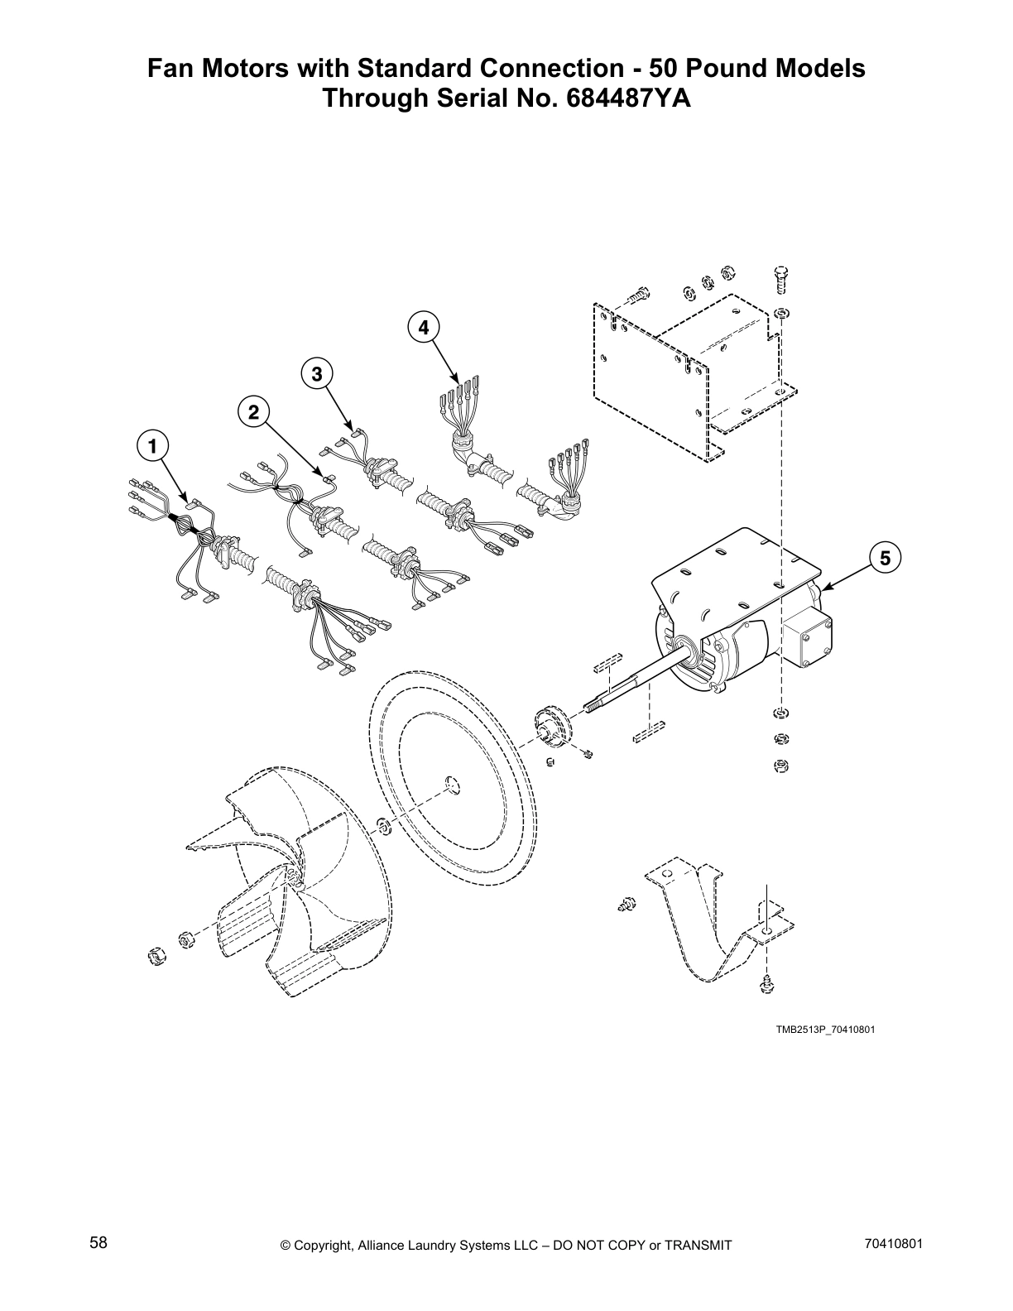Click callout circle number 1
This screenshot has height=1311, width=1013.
(151, 447)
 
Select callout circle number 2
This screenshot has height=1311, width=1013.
(253, 411)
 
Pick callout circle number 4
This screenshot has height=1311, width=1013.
(423, 327)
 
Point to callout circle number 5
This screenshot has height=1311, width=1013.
(885, 558)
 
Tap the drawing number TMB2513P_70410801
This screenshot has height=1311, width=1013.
(824, 1030)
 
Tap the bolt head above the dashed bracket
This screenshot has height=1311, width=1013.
(781, 275)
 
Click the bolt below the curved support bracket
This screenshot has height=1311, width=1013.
(768, 985)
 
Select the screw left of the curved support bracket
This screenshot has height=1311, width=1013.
(627, 905)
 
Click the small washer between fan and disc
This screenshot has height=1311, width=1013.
(383, 824)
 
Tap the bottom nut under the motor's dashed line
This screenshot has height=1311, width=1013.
(780, 766)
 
